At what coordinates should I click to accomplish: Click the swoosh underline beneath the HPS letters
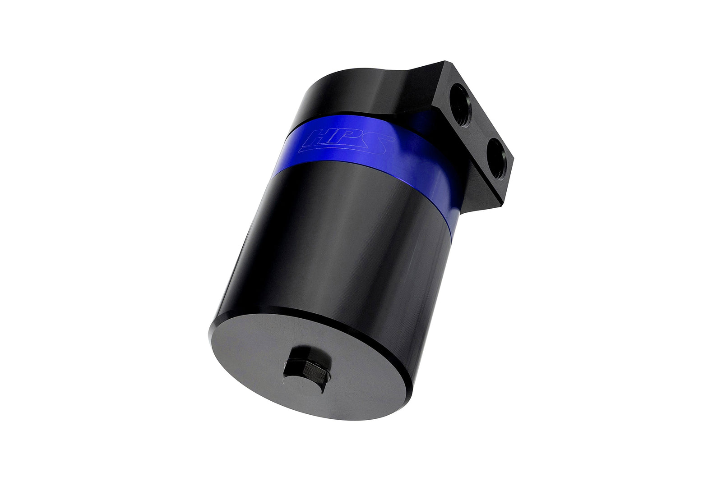tap(343, 149)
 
